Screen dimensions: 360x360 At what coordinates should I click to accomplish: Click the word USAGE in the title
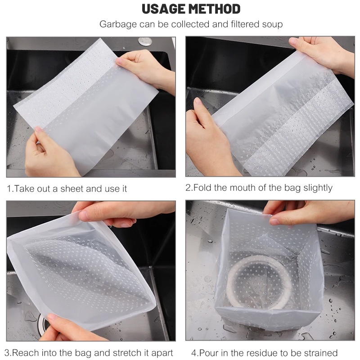click(x=164, y=9)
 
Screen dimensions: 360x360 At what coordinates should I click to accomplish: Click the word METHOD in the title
click(x=215, y=9)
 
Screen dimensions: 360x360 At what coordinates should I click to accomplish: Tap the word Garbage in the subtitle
click(x=118, y=25)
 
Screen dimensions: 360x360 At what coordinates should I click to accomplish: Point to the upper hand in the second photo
click(x=324, y=55)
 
